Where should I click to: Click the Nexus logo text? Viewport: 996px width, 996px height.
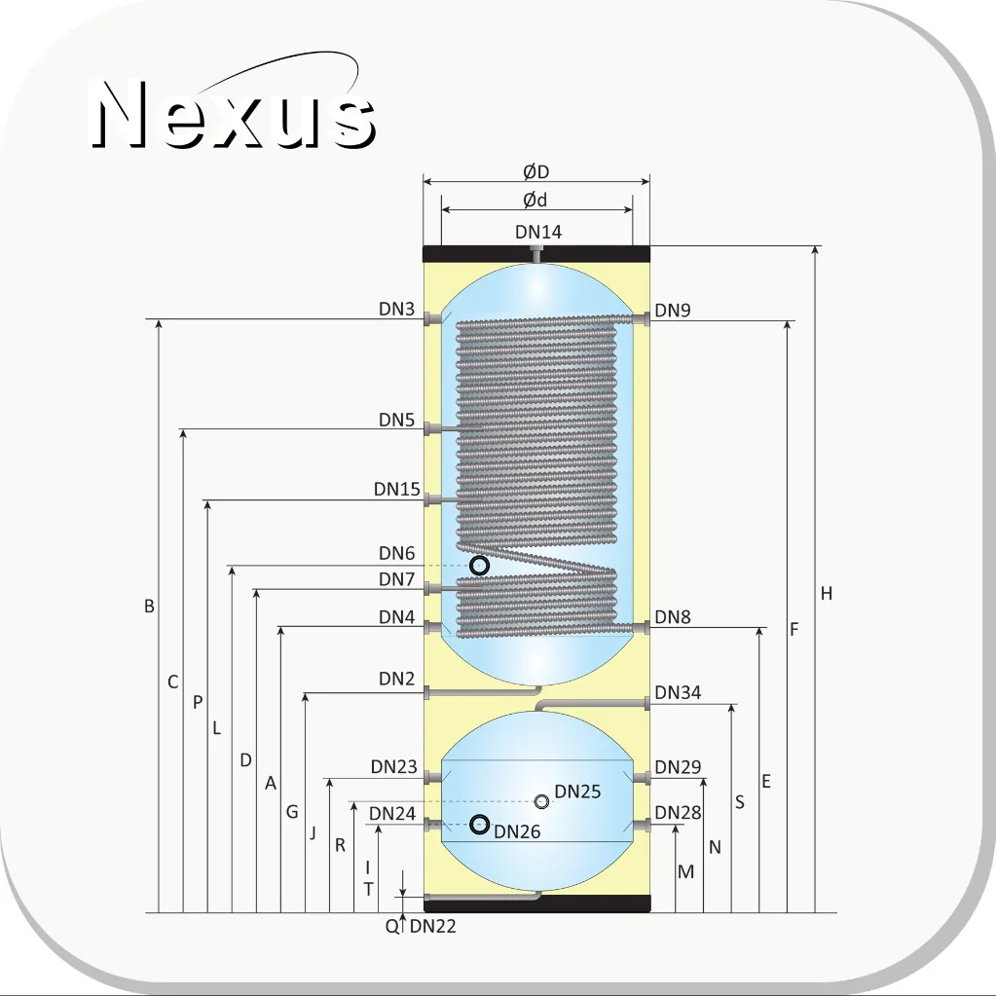pos(234,115)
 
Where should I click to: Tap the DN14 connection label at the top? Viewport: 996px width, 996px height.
pos(538,232)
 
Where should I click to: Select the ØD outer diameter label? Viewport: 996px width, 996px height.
pos(535,171)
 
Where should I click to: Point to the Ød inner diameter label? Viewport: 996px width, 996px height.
pos(535,201)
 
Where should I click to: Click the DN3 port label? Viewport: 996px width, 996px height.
pos(396,309)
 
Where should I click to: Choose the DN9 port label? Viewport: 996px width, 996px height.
pos(672,310)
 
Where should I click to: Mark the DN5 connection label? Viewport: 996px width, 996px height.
pos(396,420)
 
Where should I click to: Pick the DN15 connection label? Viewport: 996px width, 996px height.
pos(396,489)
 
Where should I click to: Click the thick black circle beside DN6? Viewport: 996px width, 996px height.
pos(480,566)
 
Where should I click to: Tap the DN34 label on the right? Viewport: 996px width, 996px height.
pos(677,692)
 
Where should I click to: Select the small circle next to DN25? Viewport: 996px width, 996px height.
pos(541,801)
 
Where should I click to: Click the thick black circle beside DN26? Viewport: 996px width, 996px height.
pos(480,825)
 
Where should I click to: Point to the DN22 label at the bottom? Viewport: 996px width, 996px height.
pos(432,926)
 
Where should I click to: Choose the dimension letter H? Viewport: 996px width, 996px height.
pos(826,593)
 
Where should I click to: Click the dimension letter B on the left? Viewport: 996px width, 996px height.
pos(149,606)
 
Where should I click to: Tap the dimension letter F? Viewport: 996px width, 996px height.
pos(794,629)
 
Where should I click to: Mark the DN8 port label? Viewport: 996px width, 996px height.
pos(672,617)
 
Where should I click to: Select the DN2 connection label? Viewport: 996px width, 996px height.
pos(396,679)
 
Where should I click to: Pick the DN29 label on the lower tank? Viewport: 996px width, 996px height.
pos(677,767)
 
